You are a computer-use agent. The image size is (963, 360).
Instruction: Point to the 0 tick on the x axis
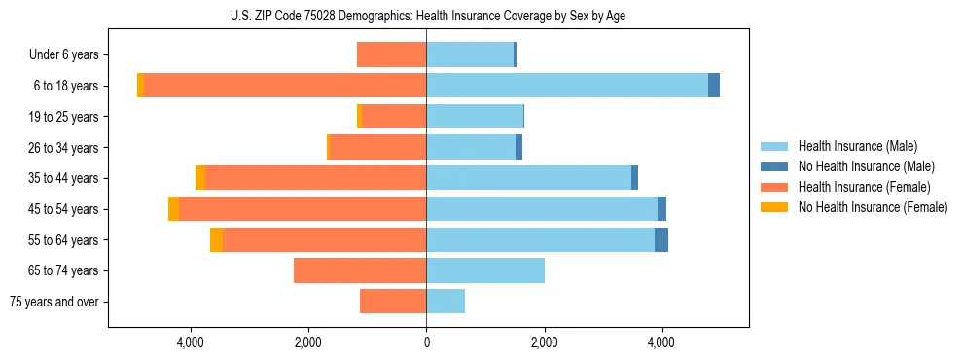point(426,342)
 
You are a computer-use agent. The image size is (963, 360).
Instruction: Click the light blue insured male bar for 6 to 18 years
point(567,86)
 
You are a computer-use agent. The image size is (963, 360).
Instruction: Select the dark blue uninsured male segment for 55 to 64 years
point(661,240)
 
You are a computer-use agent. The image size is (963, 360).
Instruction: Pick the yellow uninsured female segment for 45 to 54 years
point(173,209)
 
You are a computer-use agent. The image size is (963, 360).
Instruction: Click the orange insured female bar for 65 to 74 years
point(360,270)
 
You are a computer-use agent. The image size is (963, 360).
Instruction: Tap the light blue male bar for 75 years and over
point(446,302)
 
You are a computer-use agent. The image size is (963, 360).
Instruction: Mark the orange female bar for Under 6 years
point(391,54)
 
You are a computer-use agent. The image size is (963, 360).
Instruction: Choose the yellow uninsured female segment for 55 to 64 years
point(216,240)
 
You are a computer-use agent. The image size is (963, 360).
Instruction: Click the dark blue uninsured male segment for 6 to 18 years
point(714,86)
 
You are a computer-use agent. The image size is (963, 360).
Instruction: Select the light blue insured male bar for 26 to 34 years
point(471,147)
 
